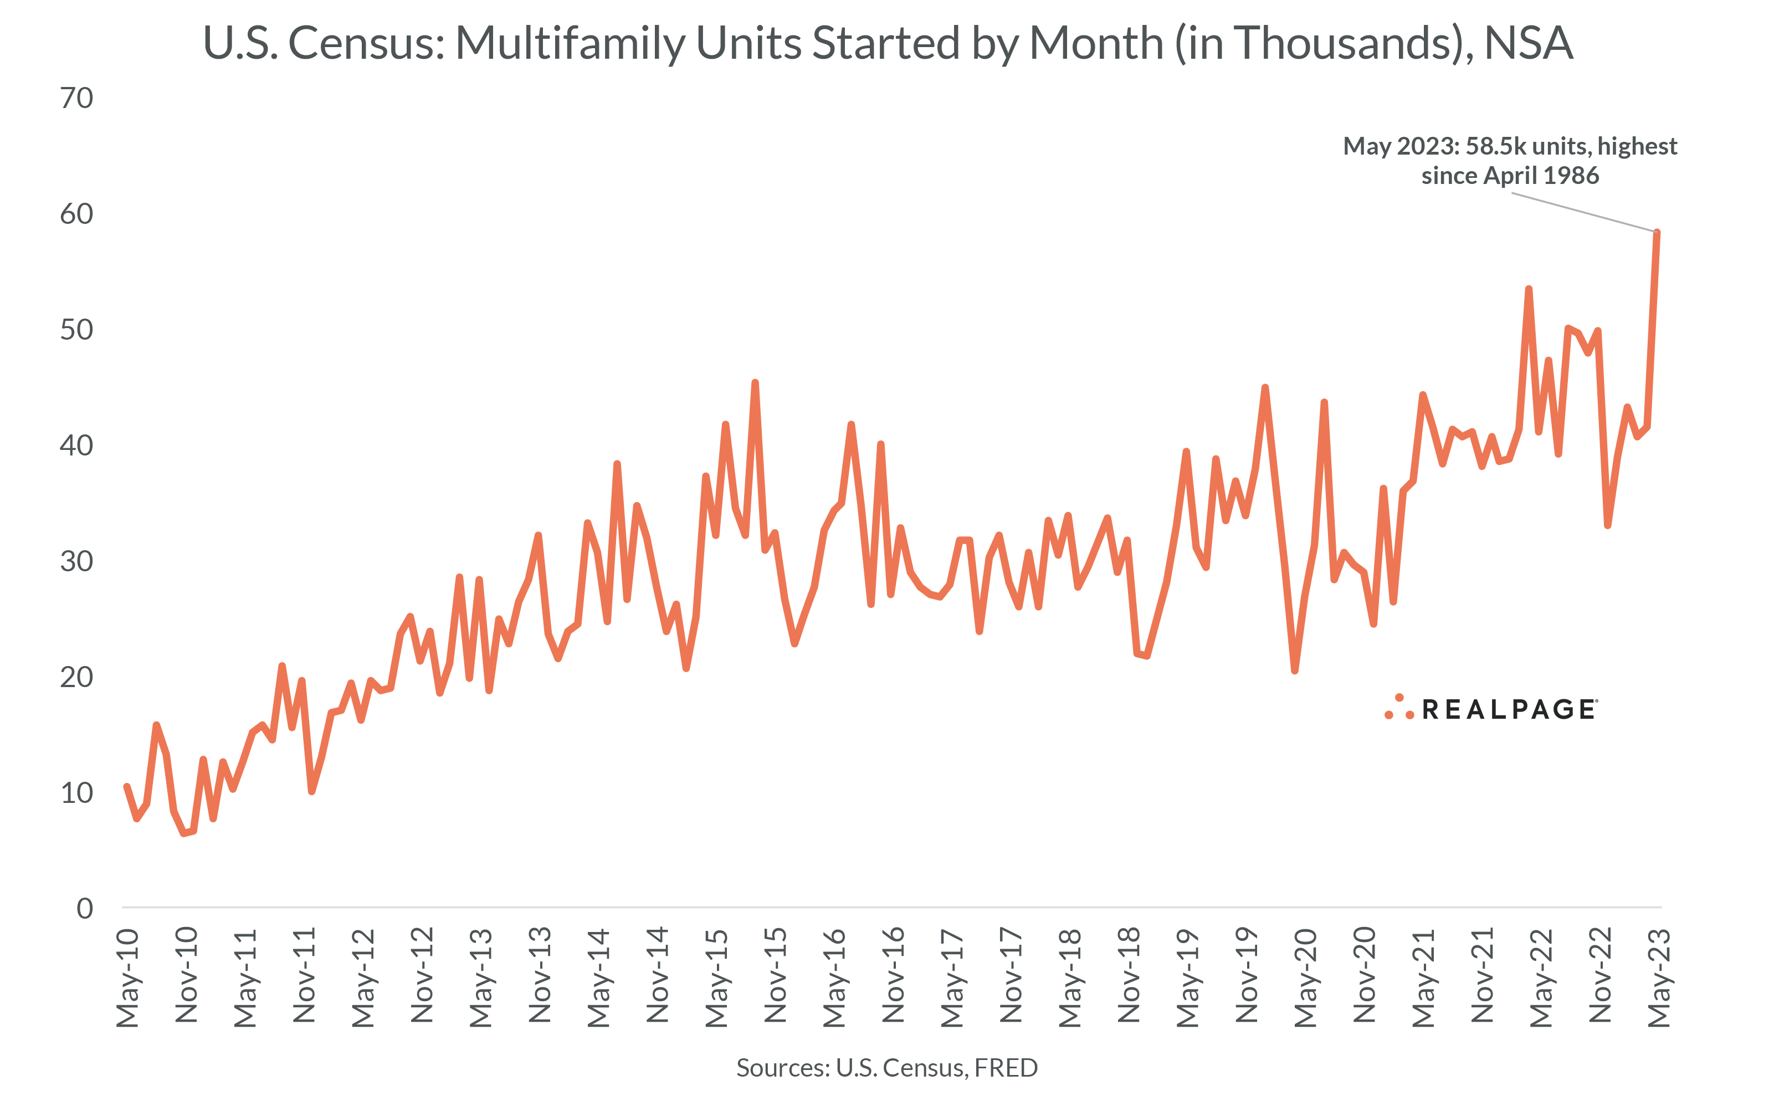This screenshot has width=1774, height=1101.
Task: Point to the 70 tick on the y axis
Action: point(76,98)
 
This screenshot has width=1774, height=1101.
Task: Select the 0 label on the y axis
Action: point(85,908)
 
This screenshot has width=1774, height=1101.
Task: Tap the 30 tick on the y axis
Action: point(76,561)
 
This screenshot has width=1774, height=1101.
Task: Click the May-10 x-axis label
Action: point(127,977)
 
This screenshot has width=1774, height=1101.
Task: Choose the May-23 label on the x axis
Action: point(1659,977)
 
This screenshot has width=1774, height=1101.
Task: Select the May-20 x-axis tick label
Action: point(1305,977)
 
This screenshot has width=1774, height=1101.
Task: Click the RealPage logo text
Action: point(1509,709)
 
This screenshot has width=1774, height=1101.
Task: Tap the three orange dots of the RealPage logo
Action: point(1399,708)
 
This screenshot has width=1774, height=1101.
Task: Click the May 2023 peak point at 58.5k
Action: point(1657,233)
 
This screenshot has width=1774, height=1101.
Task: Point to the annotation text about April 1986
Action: point(1510,161)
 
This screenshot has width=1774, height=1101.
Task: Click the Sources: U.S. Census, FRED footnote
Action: point(886,1068)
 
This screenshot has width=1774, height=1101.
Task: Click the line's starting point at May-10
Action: point(127,786)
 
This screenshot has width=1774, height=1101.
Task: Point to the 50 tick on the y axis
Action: point(76,329)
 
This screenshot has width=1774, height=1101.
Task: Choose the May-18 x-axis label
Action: point(1069,977)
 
